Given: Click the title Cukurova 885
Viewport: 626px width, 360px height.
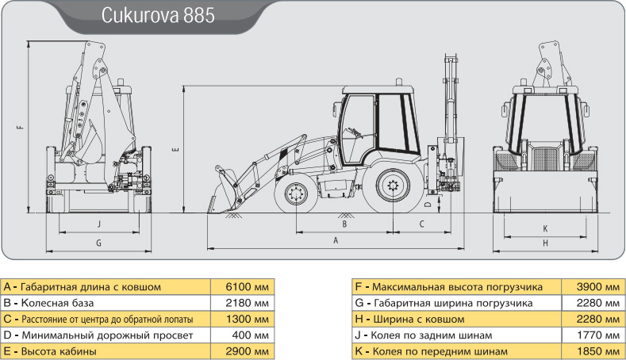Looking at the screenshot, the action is point(158,15).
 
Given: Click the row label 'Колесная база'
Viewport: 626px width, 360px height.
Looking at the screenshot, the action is point(57,304).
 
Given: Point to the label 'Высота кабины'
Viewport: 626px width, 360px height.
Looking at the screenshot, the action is point(59,351).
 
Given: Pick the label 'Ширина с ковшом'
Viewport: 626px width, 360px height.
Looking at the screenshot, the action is point(419,320).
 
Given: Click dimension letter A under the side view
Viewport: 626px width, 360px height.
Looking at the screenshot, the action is point(336,241).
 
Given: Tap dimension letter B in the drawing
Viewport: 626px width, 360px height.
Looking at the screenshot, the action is point(344,224).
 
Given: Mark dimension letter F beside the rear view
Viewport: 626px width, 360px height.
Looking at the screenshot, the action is point(21,128).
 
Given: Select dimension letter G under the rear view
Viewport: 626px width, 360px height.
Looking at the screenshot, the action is point(98,243).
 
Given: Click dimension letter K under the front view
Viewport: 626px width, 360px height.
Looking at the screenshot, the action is point(545,228).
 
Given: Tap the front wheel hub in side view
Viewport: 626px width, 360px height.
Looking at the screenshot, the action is point(296,195).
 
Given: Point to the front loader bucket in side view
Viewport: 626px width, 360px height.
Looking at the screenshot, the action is point(223,192).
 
